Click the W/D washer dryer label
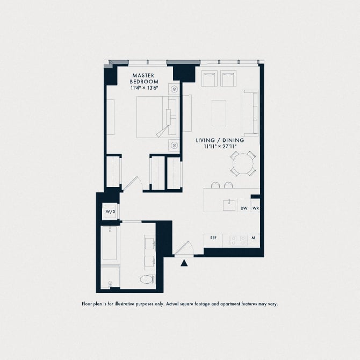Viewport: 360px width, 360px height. coord(111,212)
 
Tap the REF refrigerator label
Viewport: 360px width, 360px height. coord(213,238)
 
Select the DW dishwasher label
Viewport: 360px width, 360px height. coord(244,208)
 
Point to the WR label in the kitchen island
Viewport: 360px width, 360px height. coord(256,208)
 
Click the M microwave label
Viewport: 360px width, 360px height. coord(253,238)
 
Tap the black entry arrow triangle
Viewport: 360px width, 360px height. coord(184,263)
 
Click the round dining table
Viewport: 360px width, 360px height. coord(243,163)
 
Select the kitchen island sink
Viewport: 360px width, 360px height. coord(229,205)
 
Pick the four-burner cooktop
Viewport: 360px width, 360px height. coord(239,241)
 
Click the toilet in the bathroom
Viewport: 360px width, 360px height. coord(147,279)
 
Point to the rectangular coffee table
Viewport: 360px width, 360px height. coord(219,113)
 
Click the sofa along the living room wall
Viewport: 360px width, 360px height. coord(249,113)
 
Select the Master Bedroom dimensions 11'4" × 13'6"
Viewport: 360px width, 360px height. coord(145,88)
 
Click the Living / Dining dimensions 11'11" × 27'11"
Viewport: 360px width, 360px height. coord(220,146)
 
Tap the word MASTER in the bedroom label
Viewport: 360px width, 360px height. coord(143,75)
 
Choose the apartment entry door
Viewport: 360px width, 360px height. coord(184,248)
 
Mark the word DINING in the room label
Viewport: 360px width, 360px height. coord(233,140)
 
